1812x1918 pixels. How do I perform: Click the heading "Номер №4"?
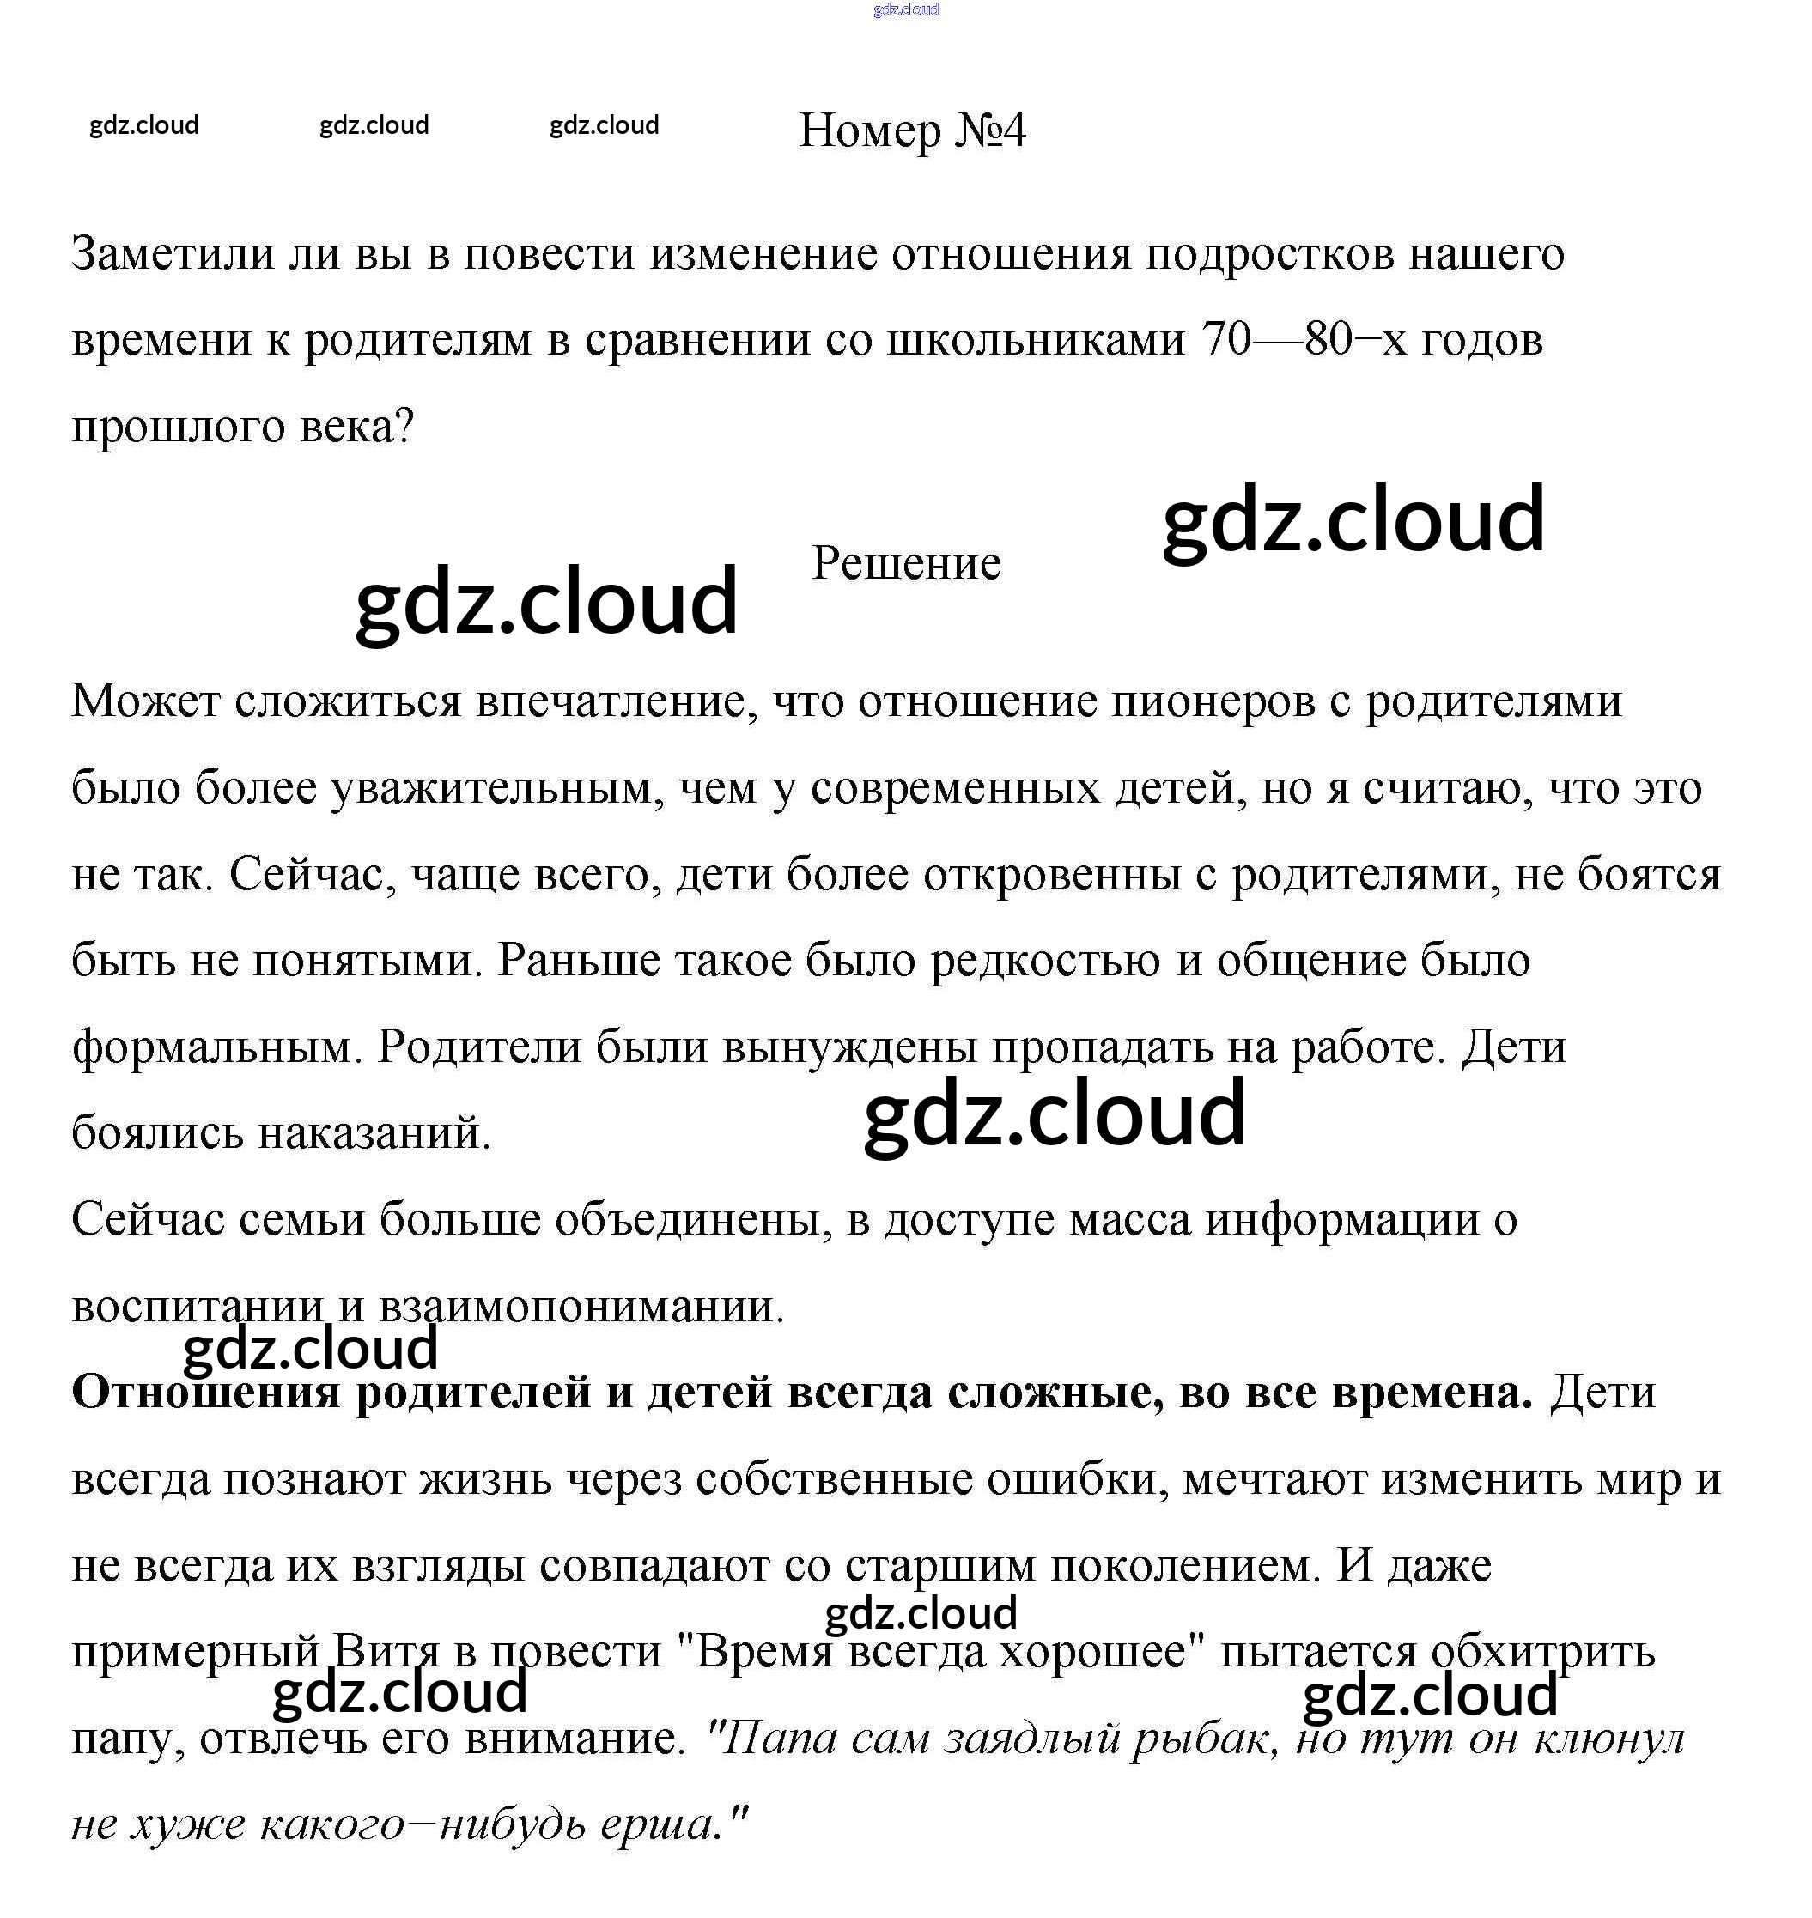[912, 130]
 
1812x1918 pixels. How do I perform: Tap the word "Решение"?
[906, 563]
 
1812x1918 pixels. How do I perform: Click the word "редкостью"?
[1045, 961]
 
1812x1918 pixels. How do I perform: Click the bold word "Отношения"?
[206, 1393]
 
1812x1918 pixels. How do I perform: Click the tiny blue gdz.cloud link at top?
[905, 9]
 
